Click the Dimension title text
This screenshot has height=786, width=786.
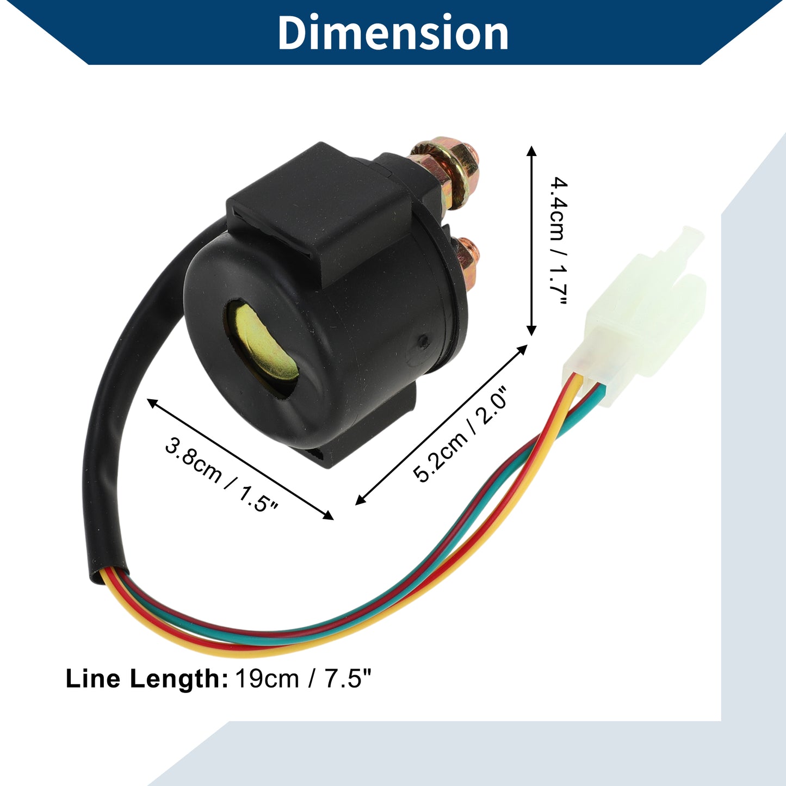(x=393, y=33)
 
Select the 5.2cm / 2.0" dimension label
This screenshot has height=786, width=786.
(x=460, y=435)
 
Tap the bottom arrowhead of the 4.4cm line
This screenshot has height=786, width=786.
(x=531, y=330)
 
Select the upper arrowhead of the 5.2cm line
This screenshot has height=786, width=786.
(x=523, y=349)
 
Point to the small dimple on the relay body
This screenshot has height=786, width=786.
(x=424, y=340)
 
